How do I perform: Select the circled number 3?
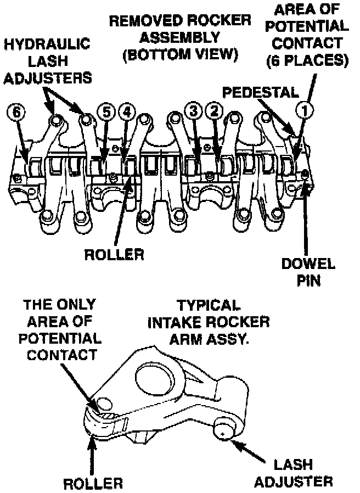pyautogui.click(x=193, y=111)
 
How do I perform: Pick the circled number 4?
pyautogui.click(x=127, y=111)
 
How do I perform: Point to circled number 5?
pyautogui.click(x=106, y=111)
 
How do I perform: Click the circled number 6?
pyautogui.click(x=16, y=111)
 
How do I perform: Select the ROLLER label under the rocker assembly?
pyautogui.click(x=114, y=255)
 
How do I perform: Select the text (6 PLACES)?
pyautogui.click(x=307, y=59)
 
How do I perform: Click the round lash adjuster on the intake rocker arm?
pyautogui.click(x=223, y=429)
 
